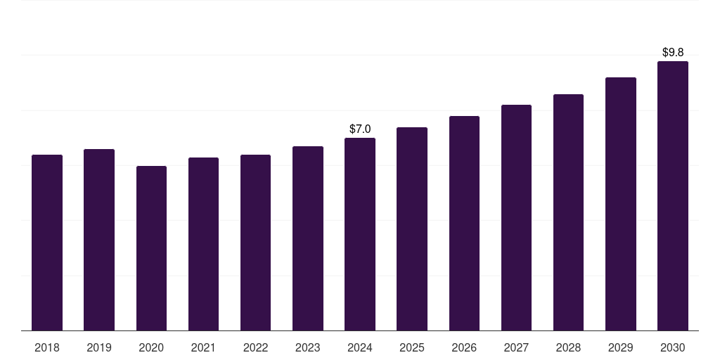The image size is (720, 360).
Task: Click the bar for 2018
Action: click(x=47, y=243)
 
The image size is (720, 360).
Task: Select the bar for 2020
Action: click(x=151, y=248)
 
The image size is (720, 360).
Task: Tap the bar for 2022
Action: click(x=255, y=243)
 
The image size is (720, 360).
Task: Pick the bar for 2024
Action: click(x=360, y=234)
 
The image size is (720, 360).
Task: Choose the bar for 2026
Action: click(x=464, y=223)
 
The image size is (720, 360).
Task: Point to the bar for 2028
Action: click(x=568, y=212)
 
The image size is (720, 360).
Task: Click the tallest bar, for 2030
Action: click(x=672, y=195)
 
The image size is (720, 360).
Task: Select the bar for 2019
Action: click(x=99, y=240)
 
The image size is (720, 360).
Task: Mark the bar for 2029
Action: click(x=620, y=204)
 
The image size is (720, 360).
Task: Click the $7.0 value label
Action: click(x=360, y=129)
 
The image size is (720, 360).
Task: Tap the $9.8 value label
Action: click(x=673, y=52)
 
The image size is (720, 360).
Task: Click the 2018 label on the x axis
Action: click(x=47, y=347)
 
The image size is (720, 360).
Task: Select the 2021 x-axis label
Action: click(x=203, y=347)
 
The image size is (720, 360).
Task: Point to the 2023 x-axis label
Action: click(x=307, y=347)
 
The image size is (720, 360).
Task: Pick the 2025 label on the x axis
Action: click(x=411, y=347)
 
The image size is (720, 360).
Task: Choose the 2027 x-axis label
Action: click(x=516, y=347)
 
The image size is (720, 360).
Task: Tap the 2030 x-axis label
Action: click(x=672, y=347)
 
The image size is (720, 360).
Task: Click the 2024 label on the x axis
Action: click(x=360, y=347)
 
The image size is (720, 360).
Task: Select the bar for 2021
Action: click(x=203, y=244)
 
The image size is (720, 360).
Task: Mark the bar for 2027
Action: click(x=516, y=217)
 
